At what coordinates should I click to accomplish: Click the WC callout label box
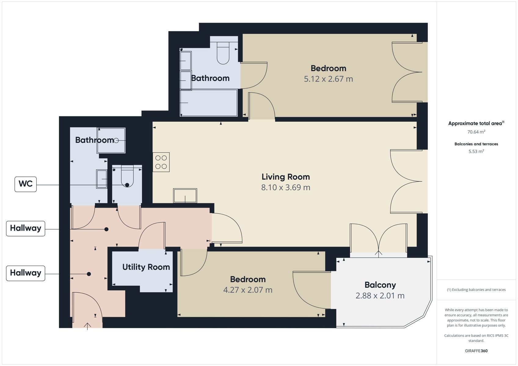[25, 184]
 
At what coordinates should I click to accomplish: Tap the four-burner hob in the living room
[161, 162]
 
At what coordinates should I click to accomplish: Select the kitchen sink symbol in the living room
[185, 196]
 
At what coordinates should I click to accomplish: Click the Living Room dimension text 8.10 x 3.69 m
[286, 187]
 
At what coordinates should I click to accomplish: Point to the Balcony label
[380, 285]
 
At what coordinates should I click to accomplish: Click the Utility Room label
[146, 267]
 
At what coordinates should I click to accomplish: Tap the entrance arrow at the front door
[87, 326]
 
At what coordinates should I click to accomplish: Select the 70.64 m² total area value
[476, 132]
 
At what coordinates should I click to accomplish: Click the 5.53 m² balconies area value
[476, 151]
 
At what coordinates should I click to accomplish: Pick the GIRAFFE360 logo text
[476, 351]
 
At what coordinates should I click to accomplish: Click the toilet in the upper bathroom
[223, 53]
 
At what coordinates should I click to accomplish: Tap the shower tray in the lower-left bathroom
[111, 140]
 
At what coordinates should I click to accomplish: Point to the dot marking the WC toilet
[127, 185]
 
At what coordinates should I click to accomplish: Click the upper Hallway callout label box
[25, 228]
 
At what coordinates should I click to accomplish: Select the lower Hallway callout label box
[25, 273]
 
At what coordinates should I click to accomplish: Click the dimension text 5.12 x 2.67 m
[328, 79]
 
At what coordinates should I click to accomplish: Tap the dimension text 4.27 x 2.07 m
[248, 290]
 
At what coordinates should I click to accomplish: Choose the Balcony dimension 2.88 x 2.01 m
[380, 296]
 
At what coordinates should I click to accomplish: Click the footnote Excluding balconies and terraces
[476, 289]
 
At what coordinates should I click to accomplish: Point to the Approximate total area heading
[476, 123]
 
